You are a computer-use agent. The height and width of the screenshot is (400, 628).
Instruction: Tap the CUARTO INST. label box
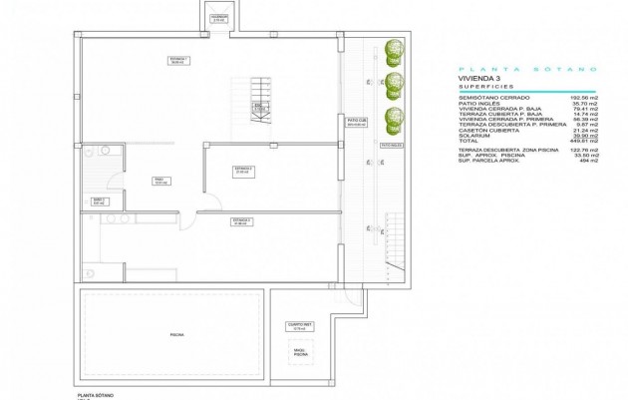click(x=297, y=324)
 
